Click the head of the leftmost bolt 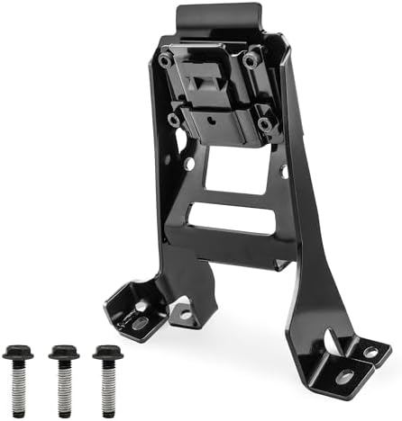[x=18, y=352]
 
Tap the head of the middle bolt [x=63, y=352]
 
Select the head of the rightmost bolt [x=107, y=352]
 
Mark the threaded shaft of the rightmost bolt [x=107, y=385]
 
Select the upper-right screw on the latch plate [x=251, y=59]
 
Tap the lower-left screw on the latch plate [x=174, y=119]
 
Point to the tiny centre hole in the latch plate [x=213, y=117]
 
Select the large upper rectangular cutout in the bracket [x=236, y=170]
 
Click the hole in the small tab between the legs [x=186, y=313]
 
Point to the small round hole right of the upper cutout [x=283, y=169]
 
